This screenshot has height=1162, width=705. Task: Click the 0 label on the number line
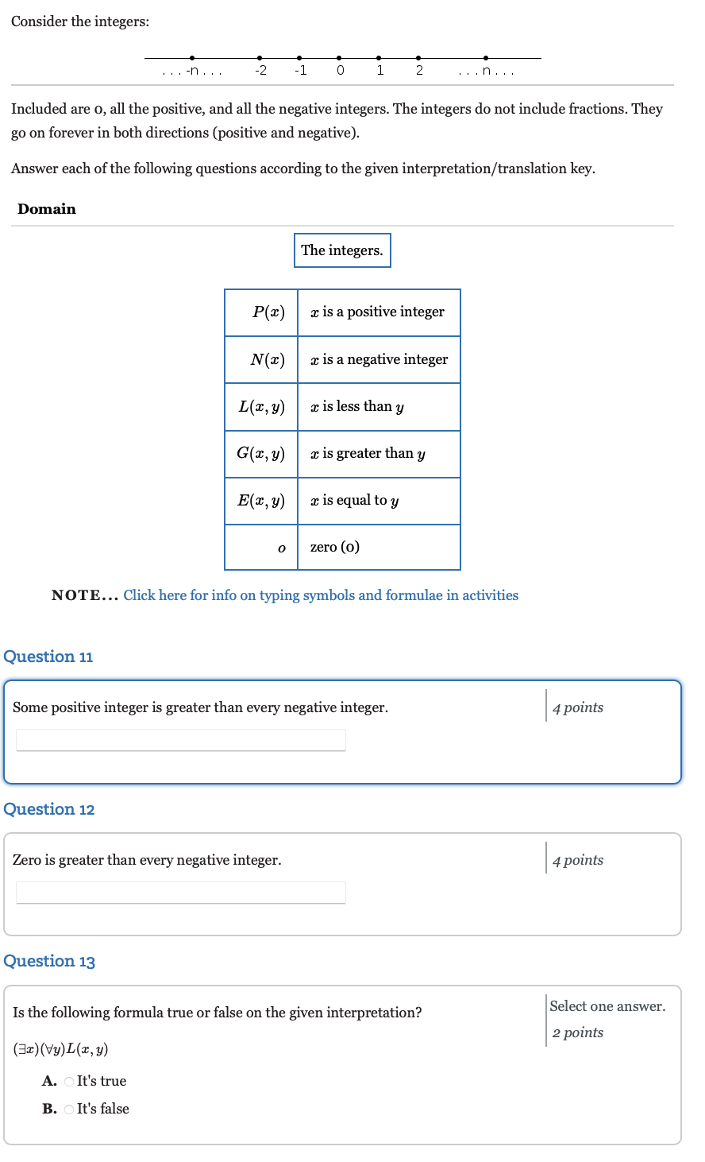[x=340, y=71]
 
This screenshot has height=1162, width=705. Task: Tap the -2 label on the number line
[x=260, y=71]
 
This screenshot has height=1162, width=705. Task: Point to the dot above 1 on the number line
[x=379, y=57]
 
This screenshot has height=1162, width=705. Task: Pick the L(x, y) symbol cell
[x=262, y=407]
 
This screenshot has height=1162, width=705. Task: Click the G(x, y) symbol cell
[x=261, y=454]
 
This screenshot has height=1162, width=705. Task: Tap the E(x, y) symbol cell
[x=261, y=501]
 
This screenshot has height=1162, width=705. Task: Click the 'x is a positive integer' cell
[x=378, y=312]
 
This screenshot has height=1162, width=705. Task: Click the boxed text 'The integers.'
[x=342, y=250]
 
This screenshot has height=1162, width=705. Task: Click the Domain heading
[x=47, y=209]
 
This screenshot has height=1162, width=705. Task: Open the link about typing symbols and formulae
[x=321, y=595]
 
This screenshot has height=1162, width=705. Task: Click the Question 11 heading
[x=48, y=657]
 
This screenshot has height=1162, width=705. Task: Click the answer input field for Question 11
[x=181, y=740]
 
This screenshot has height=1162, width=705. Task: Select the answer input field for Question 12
[x=181, y=893]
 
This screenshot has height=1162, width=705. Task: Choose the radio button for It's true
[x=69, y=1082]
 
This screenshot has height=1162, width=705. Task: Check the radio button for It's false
[x=69, y=1110]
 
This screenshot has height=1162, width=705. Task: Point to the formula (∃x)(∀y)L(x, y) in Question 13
[x=60, y=1049]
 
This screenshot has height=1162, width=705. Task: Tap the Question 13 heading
[x=49, y=961]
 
